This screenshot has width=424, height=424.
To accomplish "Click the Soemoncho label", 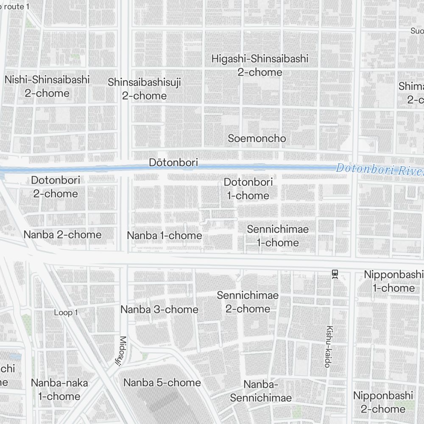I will point(257,138).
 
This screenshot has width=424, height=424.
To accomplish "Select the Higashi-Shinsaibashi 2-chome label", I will point(259,65).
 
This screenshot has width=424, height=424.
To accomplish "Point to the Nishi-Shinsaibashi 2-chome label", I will point(47,86).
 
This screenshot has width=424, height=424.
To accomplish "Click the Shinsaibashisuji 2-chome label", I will point(144,89).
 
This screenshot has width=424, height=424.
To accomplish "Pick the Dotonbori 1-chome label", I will point(248,189).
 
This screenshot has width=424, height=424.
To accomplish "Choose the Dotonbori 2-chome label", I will point(56,187).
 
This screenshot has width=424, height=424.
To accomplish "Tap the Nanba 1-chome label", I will point(165,235).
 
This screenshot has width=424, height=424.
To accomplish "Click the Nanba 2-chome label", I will point(62,234).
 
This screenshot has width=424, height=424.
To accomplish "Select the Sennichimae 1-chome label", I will point(278,236).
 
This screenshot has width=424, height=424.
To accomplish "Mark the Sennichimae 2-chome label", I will point(248,302).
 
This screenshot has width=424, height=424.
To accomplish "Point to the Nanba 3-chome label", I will point(159,310).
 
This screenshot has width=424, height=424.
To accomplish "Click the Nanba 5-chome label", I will point(162,382).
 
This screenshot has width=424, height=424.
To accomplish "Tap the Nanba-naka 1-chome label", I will point(59,390).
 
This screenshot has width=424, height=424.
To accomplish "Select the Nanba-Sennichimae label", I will point(261,391).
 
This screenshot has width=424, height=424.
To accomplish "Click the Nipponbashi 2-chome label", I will point(383,402).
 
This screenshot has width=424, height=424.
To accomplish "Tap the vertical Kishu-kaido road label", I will point(328,346).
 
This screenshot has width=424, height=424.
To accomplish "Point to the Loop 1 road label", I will point(66,313).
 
